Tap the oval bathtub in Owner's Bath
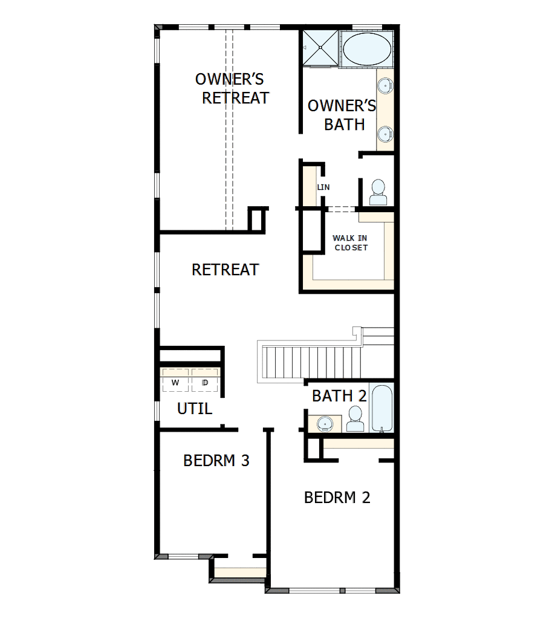pyautogui.click(x=367, y=49)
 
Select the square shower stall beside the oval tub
pyautogui.click(x=321, y=47)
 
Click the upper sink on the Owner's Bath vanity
pyautogui.click(x=385, y=83)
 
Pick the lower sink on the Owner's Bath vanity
pyautogui.click(x=385, y=132)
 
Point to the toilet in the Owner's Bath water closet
pyautogui.click(x=378, y=193)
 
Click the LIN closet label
pyautogui.click(x=323, y=187)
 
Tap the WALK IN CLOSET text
pyautogui.click(x=350, y=242)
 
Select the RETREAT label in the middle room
pyautogui.click(x=225, y=269)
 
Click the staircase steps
pyautogui.click(x=310, y=362)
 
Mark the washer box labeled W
pyautogui.click(x=175, y=382)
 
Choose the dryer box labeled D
pyautogui.click(x=205, y=382)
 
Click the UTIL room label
pyautogui.click(x=195, y=409)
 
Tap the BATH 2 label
pyautogui.click(x=339, y=396)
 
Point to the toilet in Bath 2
pyautogui.click(x=355, y=419)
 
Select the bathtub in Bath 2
pyautogui.click(x=382, y=409)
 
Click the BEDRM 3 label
pyautogui.click(x=216, y=461)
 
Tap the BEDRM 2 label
pyautogui.click(x=337, y=498)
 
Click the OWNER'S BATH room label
pyautogui.click(x=342, y=115)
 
